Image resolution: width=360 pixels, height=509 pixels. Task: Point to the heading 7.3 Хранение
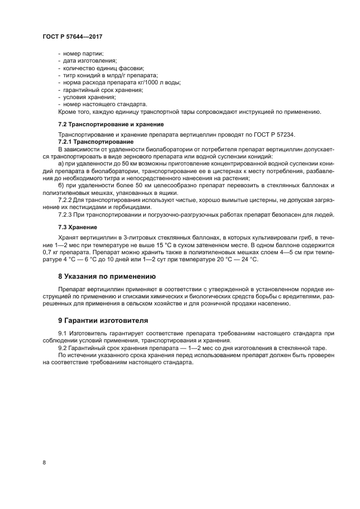(x=78, y=226)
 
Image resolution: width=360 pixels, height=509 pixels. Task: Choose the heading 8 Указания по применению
(x=103, y=276)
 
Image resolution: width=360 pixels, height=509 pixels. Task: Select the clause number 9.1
(x=62, y=333)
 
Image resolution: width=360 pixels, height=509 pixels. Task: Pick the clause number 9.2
(x=62, y=347)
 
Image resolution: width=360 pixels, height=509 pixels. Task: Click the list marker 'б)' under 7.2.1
(x=61, y=186)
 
